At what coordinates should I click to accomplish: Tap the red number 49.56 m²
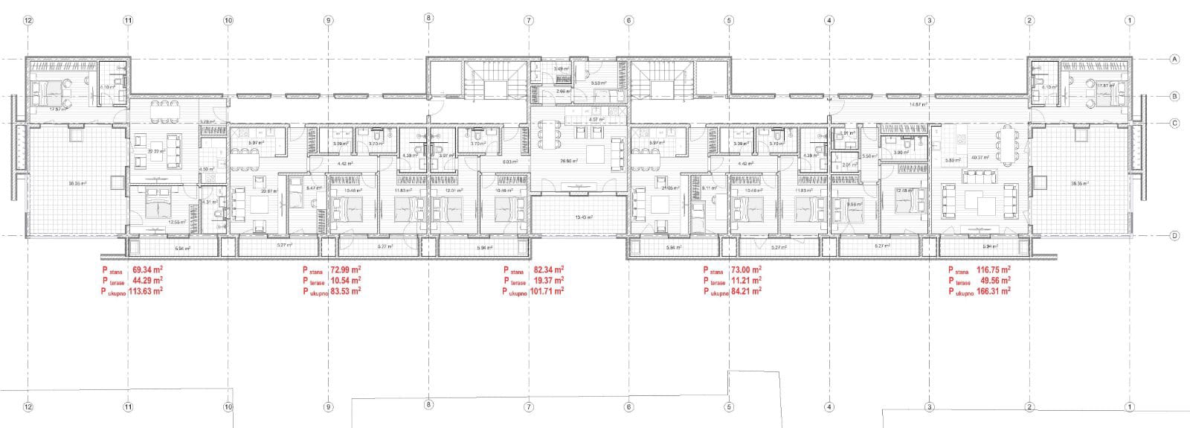994,281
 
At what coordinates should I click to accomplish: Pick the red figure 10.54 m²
346,281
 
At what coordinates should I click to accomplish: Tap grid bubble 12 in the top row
28,21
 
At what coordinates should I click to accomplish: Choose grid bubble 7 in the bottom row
528,407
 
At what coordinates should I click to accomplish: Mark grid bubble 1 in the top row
1129,21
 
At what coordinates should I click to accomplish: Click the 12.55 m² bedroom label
176,222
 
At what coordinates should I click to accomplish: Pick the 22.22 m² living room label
155,151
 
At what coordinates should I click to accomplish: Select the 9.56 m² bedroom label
855,204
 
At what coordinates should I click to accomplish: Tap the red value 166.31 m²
994,292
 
